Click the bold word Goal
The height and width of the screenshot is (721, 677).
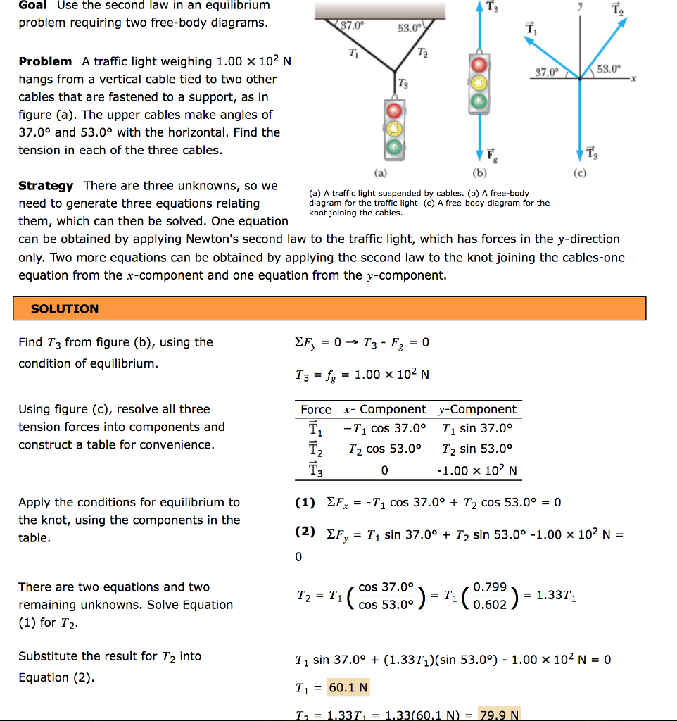32,6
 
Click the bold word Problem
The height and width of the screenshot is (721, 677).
45,62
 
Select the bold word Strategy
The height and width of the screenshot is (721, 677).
46,186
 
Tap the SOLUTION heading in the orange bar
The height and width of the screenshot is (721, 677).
65,309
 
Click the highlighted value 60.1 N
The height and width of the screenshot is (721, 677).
348,686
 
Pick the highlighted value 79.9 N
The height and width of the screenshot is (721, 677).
498,715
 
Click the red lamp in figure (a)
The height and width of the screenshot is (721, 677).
395,111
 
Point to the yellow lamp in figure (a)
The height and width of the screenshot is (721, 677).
395,129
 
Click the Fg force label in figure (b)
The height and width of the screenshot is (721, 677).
490,154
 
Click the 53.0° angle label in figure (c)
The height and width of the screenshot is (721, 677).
609,69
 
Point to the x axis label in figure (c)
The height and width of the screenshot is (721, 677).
633,80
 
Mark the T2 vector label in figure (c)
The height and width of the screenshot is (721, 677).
616,9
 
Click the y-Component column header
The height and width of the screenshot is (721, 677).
477,410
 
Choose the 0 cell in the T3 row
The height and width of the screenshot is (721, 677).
384,470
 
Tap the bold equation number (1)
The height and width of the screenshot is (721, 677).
305,503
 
